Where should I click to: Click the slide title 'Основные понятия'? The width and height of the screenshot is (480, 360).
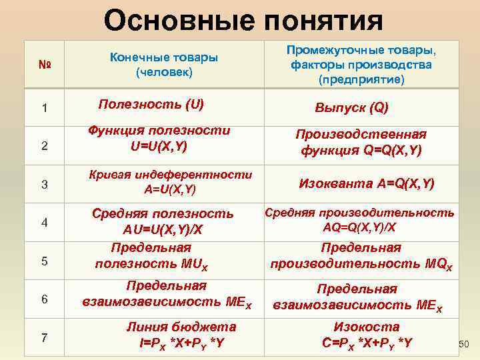[x=243, y=20]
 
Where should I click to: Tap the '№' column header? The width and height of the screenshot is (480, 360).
[x=44, y=65]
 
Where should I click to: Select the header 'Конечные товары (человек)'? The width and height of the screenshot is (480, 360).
[x=163, y=65]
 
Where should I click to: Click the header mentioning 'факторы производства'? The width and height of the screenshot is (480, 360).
[x=361, y=65]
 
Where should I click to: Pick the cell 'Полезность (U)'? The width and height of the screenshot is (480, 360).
[x=151, y=105]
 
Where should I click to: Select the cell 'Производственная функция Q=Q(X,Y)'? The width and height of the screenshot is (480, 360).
[x=361, y=142]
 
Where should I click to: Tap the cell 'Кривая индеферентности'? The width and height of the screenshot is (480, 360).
[x=171, y=175]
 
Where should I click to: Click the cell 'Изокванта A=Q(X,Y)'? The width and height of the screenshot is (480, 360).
[x=366, y=183]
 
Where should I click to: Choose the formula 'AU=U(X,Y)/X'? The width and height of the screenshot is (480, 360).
[x=162, y=230]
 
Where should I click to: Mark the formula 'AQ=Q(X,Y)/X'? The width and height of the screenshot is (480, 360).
[x=359, y=227]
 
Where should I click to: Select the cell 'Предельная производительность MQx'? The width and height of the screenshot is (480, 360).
[x=361, y=256]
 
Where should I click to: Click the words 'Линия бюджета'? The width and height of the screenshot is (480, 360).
[x=181, y=327]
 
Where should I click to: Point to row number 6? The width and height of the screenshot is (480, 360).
[x=44, y=299]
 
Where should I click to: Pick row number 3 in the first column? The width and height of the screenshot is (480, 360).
[x=44, y=184]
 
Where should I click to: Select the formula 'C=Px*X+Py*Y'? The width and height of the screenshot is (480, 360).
[x=367, y=343]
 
